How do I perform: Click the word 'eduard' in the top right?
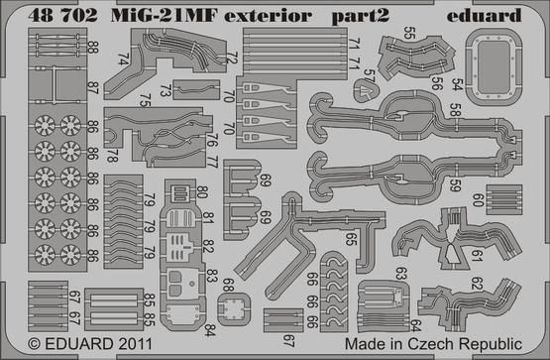(484, 15)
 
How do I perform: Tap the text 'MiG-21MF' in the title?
(165, 16)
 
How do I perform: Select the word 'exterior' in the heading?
(268, 16)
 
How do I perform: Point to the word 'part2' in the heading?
(361, 17)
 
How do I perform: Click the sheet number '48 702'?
(62, 16)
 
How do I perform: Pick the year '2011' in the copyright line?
(136, 343)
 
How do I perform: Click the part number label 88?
(92, 48)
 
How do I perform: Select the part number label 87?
(92, 87)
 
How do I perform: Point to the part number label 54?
(457, 84)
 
